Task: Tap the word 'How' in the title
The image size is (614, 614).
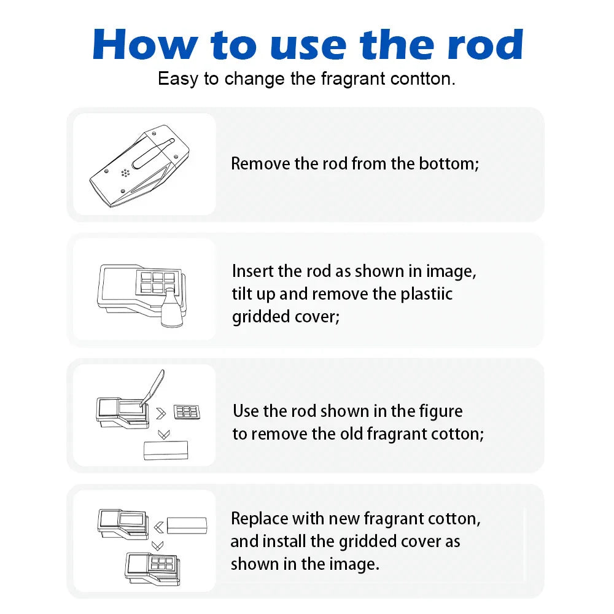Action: (x=146, y=45)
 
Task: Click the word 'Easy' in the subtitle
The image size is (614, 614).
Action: (x=178, y=79)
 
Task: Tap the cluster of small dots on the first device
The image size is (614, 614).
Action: (x=125, y=173)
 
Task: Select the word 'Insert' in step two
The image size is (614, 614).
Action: (x=252, y=271)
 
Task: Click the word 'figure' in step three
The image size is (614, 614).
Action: (x=440, y=412)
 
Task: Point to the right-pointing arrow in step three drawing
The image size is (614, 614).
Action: (x=161, y=413)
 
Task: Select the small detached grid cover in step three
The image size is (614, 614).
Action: (x=187, y=412)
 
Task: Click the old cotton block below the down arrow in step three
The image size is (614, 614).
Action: (x=166, y=450)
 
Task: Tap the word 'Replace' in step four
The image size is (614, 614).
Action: (x=260, y=519)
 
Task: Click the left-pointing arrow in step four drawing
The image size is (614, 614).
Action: (x=158, y=527)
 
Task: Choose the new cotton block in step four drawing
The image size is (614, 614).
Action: (x=187, y=525)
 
